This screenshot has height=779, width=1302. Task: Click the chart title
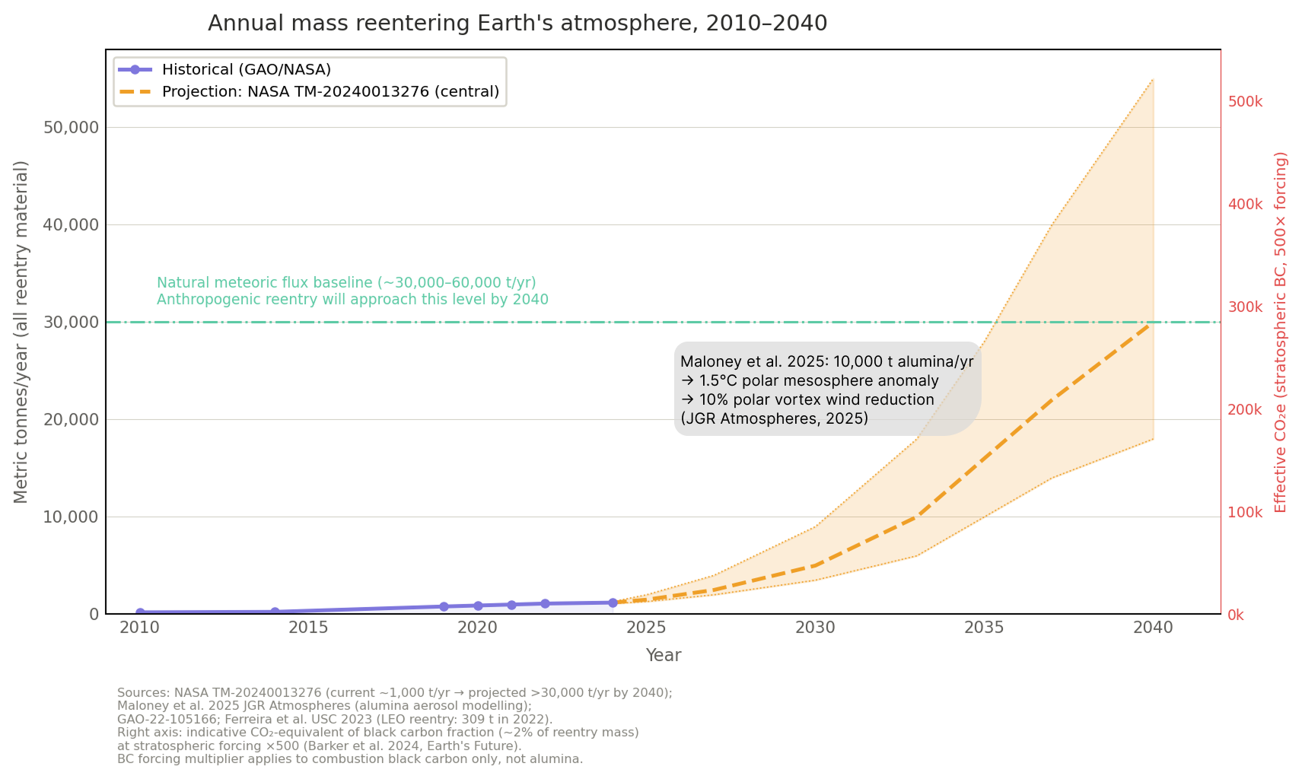coord(517,23)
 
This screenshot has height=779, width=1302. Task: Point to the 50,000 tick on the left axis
coord(72,127)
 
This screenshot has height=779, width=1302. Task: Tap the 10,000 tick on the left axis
coord(72,517)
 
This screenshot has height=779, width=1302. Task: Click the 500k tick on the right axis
coord(1245,102)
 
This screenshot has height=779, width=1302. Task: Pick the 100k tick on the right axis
coord(1245,512)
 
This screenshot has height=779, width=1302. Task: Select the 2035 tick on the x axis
coord(984,628)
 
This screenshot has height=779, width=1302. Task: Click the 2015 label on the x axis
coord(308,628)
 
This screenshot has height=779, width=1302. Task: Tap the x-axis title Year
coord(663,655)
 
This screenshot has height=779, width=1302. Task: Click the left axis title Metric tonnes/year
coord(21,332)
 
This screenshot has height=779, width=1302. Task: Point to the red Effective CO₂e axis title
coord(1280,332)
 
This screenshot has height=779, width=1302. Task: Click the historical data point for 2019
coord(444,606)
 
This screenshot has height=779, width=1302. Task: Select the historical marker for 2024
coord(613,603)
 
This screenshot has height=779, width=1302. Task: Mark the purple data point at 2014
coord(275,612)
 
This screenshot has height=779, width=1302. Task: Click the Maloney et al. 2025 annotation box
coord(826,389)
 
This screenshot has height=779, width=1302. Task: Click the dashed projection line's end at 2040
coord(1153,323)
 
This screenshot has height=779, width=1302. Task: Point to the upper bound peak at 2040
coord(1153,79)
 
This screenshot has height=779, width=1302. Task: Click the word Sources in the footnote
coord(143,692)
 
